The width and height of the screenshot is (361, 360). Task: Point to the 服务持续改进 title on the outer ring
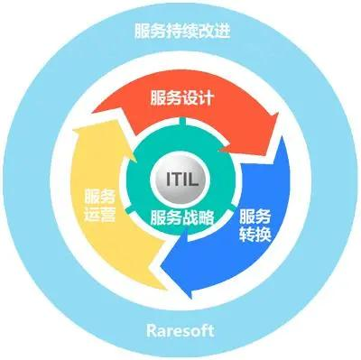[180, 32]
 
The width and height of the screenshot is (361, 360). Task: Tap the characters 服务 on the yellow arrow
[99, 197]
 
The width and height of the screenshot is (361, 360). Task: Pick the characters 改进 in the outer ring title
[211, 32]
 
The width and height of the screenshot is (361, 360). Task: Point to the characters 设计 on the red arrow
[197, 97]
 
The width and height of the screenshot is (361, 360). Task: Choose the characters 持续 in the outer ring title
[180, 32]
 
